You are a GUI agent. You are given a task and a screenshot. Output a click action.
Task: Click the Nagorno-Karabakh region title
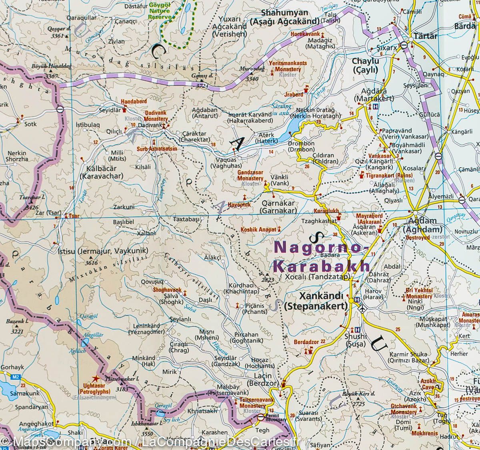tap(320, 256)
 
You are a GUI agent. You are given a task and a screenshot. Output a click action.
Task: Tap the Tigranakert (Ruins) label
tap(388, 175)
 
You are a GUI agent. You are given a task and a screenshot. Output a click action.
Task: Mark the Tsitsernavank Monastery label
tap(252, 402)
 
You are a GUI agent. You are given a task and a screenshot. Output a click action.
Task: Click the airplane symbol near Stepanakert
tap(363, 308)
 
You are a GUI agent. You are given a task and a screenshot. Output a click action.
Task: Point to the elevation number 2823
tap(267, 280)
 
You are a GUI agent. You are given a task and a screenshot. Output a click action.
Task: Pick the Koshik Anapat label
tap(258, 230)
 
